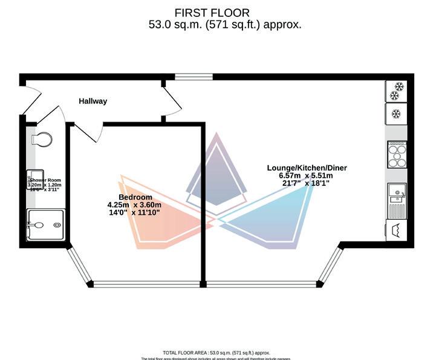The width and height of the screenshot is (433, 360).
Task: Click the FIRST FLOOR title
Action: pos(212,13)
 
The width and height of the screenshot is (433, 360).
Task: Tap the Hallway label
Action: pos(93,101)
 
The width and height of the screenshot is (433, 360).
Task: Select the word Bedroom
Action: pos(135,197)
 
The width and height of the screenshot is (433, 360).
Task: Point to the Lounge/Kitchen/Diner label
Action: pos(307,168)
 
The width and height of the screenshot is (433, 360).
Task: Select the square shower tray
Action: pos(45,225)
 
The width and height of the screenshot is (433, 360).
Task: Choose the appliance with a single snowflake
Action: pos(396,114)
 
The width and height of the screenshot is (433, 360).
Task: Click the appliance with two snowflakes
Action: pos(396,91)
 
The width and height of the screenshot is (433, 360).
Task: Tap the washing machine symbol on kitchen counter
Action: pos(396,231)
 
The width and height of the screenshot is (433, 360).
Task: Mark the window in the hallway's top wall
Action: pos(194,77)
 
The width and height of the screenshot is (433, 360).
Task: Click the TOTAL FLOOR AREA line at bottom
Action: pos(216,353)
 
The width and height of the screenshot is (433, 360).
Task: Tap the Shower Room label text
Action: pos(46,180)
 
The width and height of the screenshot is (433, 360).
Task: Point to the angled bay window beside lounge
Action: pos(331,264)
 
